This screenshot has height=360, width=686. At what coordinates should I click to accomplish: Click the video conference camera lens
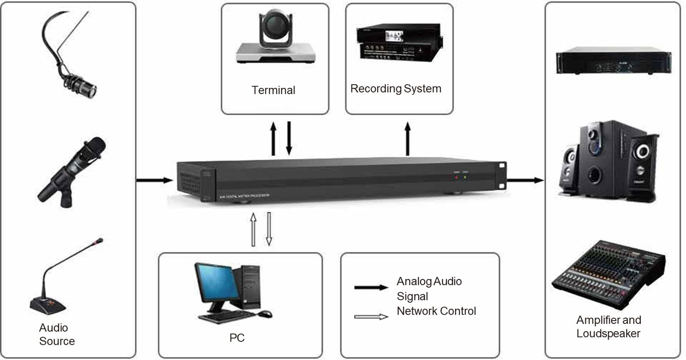[x=274, y=27]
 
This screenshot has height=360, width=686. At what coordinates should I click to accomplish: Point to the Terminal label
[x=273, y=90]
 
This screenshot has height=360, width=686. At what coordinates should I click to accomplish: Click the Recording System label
[x=396, y=88]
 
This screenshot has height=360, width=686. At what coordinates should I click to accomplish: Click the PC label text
[x=237, y=338]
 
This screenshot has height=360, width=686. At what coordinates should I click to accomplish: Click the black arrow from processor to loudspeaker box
[x=525, y=180]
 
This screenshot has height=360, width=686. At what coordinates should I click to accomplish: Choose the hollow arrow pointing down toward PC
[x=269, y=229]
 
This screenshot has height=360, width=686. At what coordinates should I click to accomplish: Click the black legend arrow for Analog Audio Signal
[x=371, y=288]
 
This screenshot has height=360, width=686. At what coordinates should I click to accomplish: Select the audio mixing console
[x=608, y=274]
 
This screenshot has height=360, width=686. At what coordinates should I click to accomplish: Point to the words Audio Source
[x=56, y=334]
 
